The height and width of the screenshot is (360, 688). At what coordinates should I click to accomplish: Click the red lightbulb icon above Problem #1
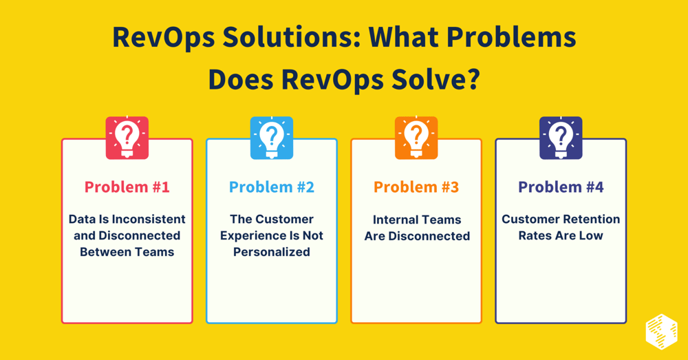click(x=127, y=138)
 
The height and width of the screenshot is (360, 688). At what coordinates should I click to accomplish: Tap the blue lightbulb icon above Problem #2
click(x=272, y=138)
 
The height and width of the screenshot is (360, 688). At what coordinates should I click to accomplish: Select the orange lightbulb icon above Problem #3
click(x=416, y=138)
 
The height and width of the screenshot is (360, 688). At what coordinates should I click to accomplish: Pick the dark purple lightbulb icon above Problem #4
click(x=561, y=138)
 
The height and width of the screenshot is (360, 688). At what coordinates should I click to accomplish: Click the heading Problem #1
click(x=127, y=187)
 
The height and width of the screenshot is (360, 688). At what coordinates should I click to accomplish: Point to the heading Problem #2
click(x=272, y=187)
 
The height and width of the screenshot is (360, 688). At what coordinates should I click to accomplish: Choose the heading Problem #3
click(x=416, y=187)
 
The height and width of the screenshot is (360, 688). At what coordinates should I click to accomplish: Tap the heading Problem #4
click(x=561, y=187)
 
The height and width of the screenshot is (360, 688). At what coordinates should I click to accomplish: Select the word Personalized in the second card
click(x=272, y=252)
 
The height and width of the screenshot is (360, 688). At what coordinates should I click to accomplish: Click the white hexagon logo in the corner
click(x=661, y=331)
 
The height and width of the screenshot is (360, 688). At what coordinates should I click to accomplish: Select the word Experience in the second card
click(x=248, y=235)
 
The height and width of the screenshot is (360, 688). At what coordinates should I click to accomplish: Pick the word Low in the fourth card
click(x=591, y=235)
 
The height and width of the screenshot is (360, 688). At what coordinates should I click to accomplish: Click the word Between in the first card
click(x=103, y=252)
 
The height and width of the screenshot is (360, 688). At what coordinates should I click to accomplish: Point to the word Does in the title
click(x=240, y=80)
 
